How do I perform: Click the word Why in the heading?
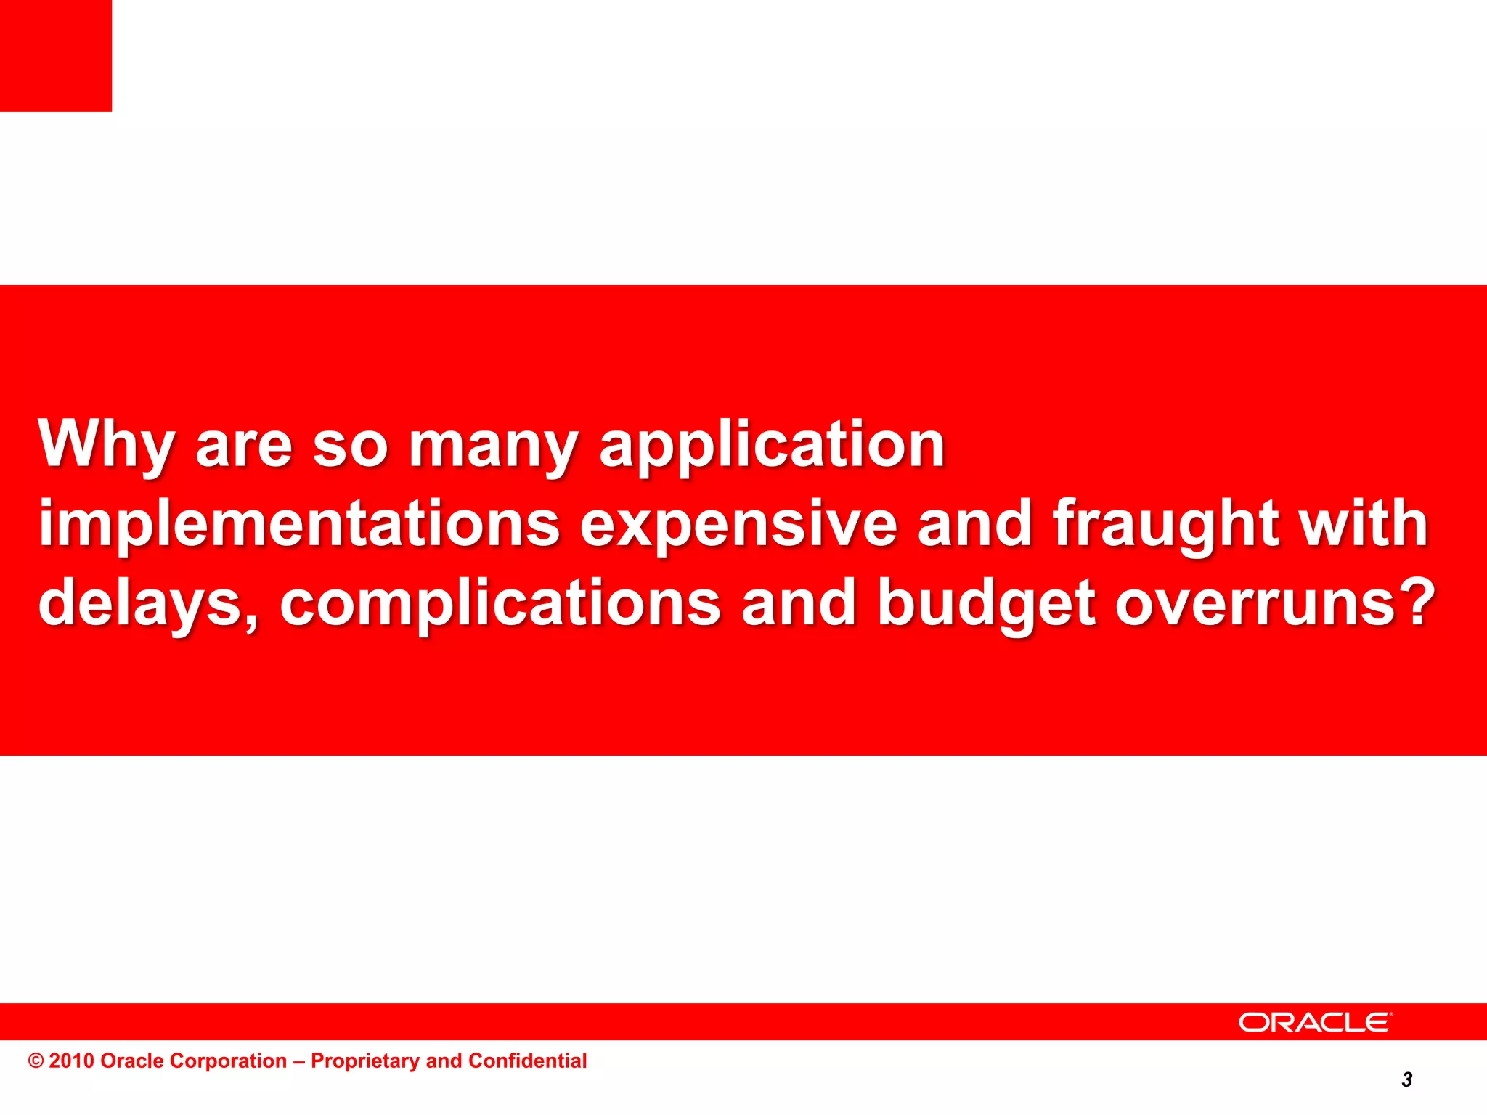click(x=106, y=444)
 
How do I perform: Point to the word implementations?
click(x=298, y=523)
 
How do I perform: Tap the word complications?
click(x=500, y=603)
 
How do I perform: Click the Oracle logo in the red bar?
click(x=1315, y=1022)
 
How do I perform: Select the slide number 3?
click(x=1407, y=1080)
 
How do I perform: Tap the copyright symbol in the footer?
click(x=36, y=1061)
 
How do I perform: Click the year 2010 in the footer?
click(x=72, y=1061)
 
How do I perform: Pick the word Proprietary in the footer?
click(x=365, y=1061)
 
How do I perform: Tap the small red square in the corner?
click(x=56, y=56)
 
